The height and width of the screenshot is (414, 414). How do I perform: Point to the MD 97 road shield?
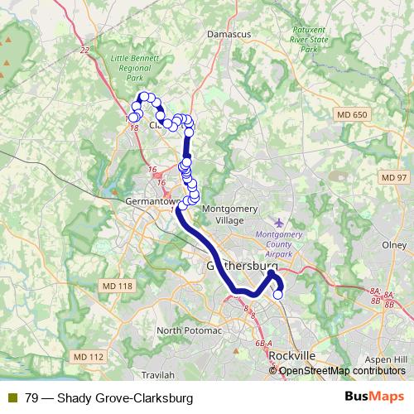click(x=394, y=178)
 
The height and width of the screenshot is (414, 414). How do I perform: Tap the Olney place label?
click(x=393, y=245)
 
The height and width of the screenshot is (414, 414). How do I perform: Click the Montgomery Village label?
click(x=223, y=215)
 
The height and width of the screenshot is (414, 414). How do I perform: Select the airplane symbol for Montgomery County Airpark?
click(x=278, y=223)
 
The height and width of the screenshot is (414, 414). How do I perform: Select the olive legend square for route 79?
click(x=12, y=397)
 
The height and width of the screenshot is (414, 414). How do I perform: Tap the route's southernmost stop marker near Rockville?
click(x=277, y=294)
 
